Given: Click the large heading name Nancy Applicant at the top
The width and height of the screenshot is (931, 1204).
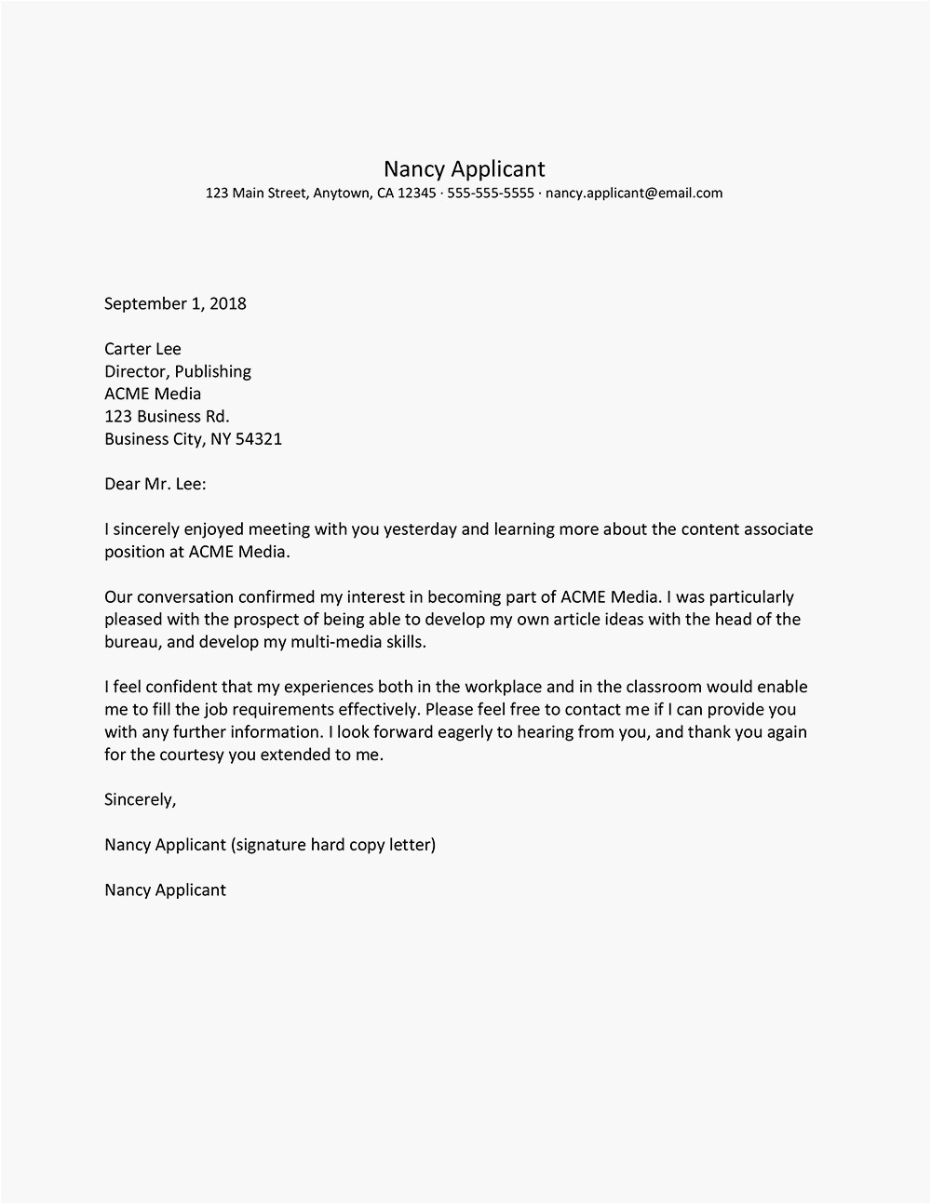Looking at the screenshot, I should tap(464, 168).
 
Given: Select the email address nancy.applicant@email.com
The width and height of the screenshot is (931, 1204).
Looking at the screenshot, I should tap(633, 194).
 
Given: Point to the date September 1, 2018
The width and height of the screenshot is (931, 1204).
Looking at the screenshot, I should tap(175, 303).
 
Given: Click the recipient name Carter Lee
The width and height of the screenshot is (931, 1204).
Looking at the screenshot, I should tap(142, 349).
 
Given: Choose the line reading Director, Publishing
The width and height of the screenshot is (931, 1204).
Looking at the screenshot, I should tap(178, 371).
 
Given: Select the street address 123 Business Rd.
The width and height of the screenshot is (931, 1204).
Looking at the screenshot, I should tap(167, 416).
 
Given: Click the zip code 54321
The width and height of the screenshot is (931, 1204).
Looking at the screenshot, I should tap(259, 438).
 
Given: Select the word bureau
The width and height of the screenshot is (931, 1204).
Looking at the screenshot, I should tap(133, 642).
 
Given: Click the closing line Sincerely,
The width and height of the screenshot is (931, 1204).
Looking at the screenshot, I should tap(140, 799).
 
